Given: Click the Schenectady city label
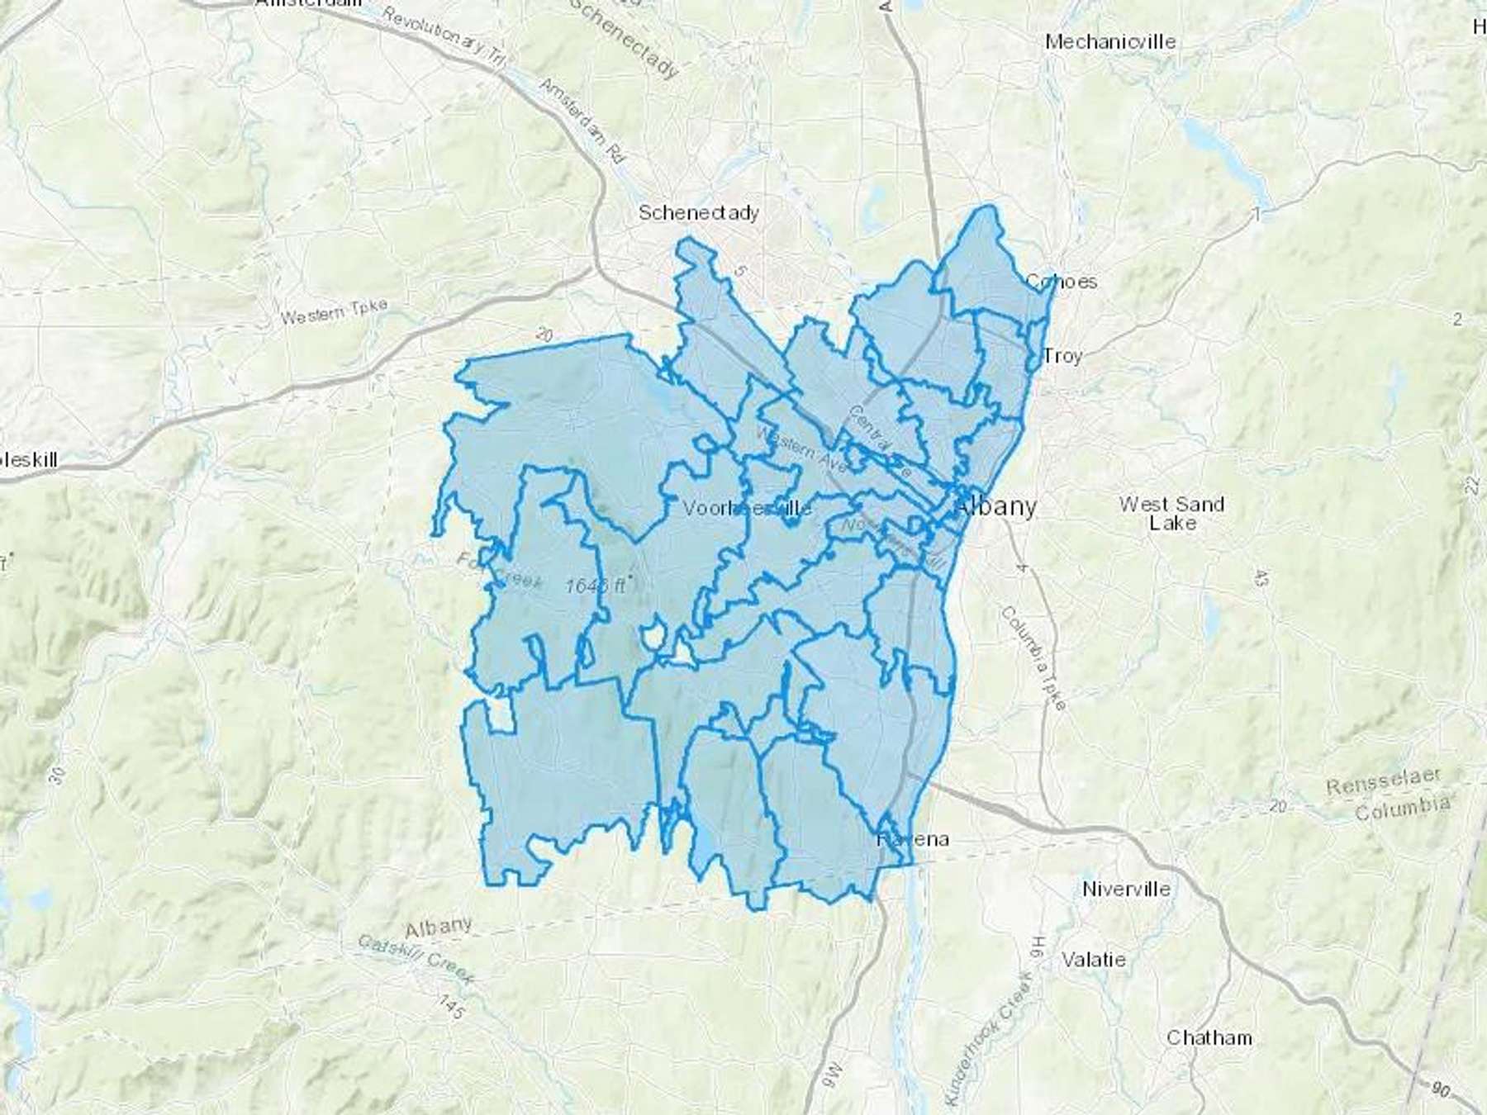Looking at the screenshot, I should [698, 213].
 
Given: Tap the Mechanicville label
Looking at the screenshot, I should [1109, 41].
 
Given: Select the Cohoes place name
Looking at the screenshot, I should [1061, 282].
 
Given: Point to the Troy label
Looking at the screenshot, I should [1062, 356].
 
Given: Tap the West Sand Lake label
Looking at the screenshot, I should [1171, 513].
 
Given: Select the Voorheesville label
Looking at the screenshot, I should [747, 509].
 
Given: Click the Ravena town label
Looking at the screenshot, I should [913, 840].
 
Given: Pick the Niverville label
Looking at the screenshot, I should [1126, 890].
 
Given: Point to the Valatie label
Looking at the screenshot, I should [1093, 960].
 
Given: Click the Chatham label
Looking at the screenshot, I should [1209, 1038].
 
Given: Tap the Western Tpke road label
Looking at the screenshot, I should [334, 312].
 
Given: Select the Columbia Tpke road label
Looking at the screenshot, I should [1033, 657].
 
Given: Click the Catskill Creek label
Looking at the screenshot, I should [416, 959].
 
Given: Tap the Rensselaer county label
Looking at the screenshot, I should [1384, 781].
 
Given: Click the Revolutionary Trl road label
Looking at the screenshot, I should [443, 37].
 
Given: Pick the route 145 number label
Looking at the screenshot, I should [451, 1005].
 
